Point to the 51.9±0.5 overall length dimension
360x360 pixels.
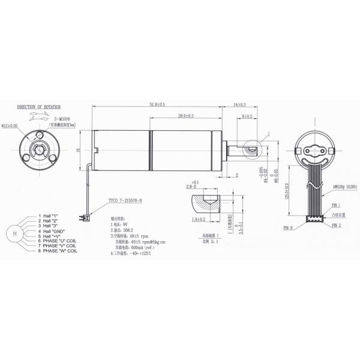(x=157, y=105)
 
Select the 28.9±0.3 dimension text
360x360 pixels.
(x=190, y=115)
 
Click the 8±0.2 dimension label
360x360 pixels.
(x=247, y=116)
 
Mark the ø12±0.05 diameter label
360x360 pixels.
(x=10, y=126)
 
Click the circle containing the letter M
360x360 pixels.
(x=13, y=232)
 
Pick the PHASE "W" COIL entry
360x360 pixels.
(x=59, y=251)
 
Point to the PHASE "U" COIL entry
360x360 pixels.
(x=59, y=241)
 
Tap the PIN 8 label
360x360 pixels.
(x=287, y=229)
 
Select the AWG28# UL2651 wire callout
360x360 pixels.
(x=345, y=187)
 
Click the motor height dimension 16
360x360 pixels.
(x=79, y=151)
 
